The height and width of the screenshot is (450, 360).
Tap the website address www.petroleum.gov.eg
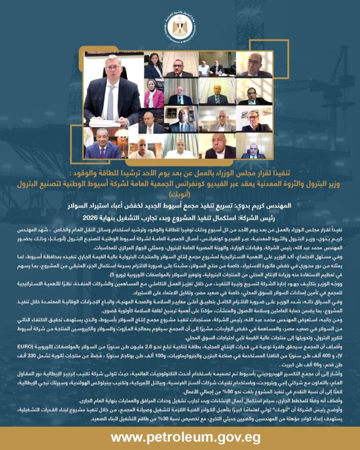(x=179, y=437)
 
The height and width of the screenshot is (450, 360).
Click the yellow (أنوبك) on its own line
(x=179, y=192)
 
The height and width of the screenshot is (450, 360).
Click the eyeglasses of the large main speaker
(x=113, y=68)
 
